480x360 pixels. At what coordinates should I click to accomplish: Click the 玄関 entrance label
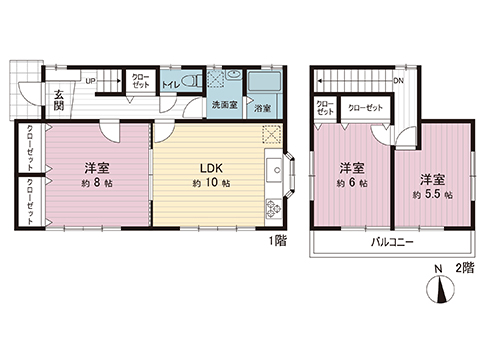[x=32, y=100]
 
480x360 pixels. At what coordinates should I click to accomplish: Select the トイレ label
[x=170, y=86]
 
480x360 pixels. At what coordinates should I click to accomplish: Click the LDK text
[x=212, y=168]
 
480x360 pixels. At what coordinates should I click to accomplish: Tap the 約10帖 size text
[x=212, y=184]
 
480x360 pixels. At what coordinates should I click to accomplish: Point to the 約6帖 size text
[x=350, y=184]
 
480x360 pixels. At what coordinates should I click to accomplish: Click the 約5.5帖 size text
[x=432, y=194]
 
